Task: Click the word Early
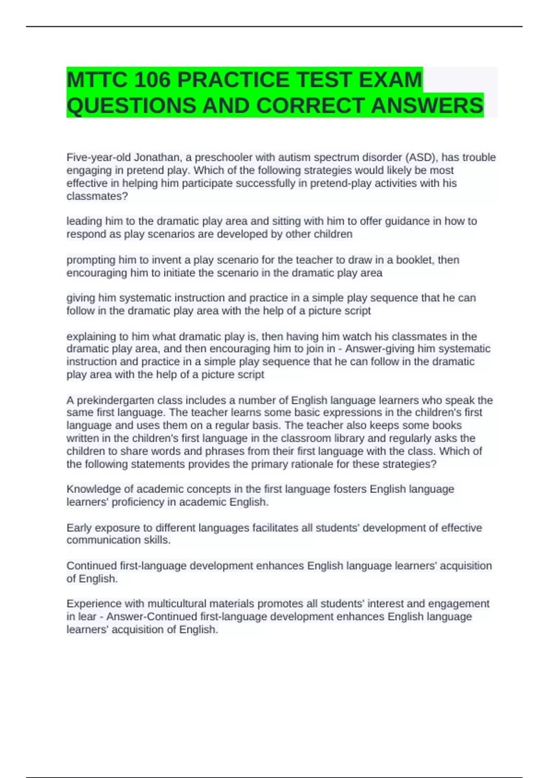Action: (x=79, y=528)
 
